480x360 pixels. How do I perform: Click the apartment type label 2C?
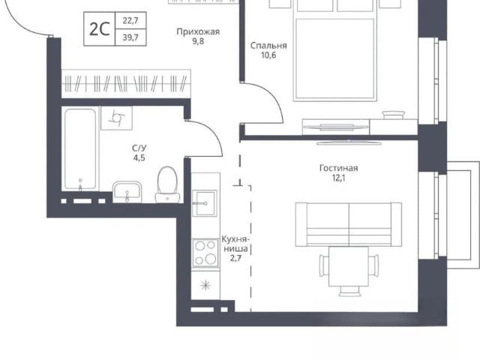tap(99, 29)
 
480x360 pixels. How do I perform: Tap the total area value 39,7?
tap(130, 37)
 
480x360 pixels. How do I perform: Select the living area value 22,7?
tap(130, 21)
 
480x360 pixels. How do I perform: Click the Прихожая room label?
tap(198, 31)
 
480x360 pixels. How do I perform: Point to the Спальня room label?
tap(268, 46)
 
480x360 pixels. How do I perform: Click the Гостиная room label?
tap(338, 168)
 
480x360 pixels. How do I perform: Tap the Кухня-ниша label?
tap(235, 244)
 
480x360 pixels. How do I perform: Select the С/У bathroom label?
tap(139, 148)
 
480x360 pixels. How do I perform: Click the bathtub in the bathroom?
tap(80, 149)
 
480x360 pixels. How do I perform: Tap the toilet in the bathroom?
tap(167, 184)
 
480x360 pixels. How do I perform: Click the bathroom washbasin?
tap(127, 192)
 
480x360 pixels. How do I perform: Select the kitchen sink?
tap(205, 202)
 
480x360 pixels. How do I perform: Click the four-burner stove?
tap(205, 253)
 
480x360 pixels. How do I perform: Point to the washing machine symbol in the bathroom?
tap(117, 118)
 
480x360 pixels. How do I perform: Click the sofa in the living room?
tap(348, 224)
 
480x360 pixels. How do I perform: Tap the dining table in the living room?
tap(349, 266)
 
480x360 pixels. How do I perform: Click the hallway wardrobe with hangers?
tap(126, 83)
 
